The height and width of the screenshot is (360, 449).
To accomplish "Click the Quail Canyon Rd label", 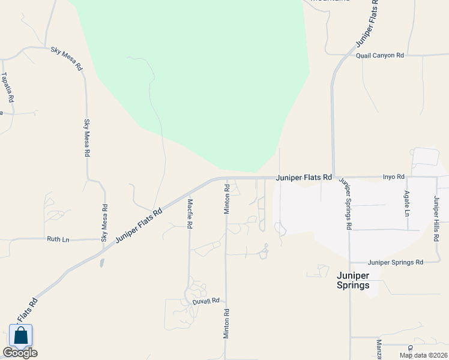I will (x=380, y=55).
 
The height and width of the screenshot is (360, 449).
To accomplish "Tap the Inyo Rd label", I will (x=394, y=177).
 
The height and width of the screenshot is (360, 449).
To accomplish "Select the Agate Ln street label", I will (x=406, y=205).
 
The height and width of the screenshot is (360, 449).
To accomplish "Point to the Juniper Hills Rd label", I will (x=436, y=218).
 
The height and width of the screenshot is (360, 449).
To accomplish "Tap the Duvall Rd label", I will (x=206, y=301).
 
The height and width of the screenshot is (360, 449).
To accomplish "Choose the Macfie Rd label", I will (x=190, y=214).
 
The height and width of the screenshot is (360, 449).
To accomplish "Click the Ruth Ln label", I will (x=58, y=239).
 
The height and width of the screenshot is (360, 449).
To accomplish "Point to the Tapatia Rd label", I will (x=7, y=87).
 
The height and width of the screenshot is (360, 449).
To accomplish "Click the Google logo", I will (x=20, y=353).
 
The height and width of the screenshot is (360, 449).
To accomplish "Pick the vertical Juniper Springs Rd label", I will (x=345, y=204).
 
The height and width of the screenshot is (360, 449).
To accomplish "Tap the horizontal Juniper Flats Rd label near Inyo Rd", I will (x=304, y=178).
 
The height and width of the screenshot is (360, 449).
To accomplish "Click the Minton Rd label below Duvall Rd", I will (x=227, y=325).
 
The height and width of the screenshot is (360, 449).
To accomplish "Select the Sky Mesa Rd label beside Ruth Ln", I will (x=104, y=223).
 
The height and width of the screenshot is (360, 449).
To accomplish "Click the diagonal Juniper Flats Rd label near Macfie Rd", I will (x=139, y=225).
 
